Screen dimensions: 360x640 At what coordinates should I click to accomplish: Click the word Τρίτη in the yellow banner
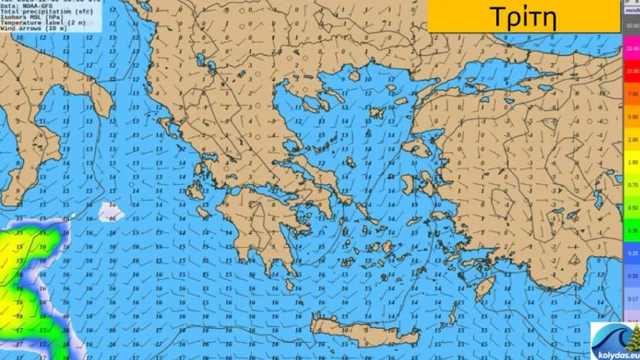523,16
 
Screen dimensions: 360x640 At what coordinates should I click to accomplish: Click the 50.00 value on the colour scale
631,26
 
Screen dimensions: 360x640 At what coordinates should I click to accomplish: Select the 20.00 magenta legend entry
631,49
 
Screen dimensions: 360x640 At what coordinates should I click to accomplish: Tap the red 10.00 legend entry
631,71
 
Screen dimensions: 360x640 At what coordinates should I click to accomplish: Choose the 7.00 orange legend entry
631,94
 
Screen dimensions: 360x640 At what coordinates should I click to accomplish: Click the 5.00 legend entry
631,117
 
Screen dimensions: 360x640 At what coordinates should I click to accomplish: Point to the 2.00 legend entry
631,140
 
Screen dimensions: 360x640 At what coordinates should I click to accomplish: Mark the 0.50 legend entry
631,208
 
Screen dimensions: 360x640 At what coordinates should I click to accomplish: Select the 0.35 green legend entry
631,231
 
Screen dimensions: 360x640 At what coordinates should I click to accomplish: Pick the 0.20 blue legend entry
631,277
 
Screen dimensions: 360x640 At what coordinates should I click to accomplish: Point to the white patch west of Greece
111,211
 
